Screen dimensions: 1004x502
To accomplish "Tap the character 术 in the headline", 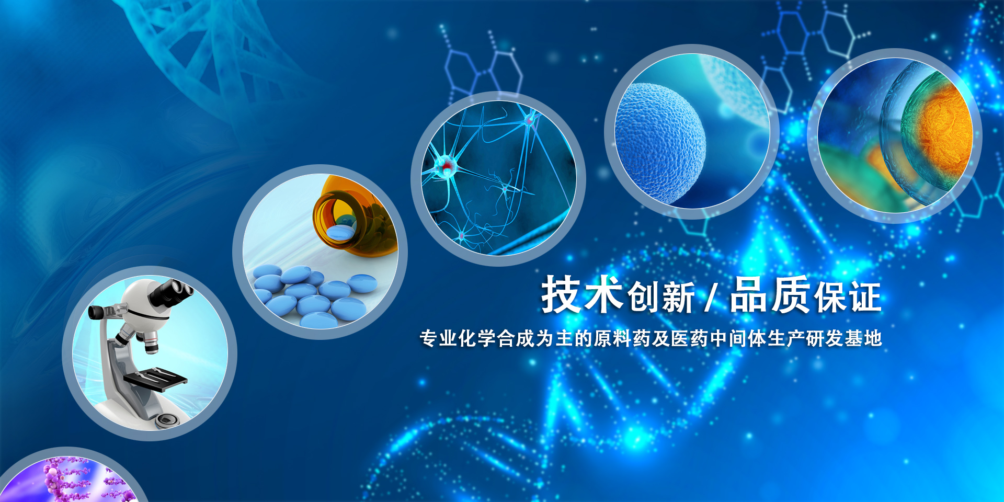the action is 603,294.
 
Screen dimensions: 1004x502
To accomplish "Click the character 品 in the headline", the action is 749,294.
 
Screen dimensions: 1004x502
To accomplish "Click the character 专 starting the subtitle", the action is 428,338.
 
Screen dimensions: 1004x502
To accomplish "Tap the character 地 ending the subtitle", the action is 873,338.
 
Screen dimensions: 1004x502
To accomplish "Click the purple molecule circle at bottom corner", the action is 73,478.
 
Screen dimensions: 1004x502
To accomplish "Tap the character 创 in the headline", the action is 643,297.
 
